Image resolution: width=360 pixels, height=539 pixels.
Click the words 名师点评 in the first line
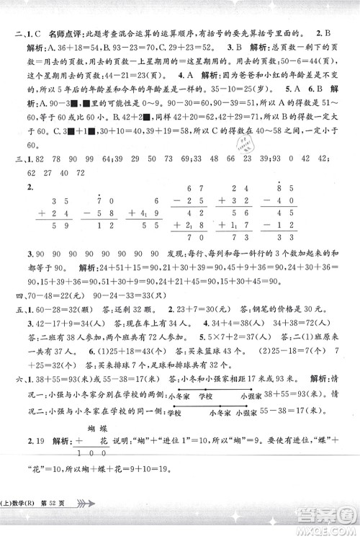pos(63,33)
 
